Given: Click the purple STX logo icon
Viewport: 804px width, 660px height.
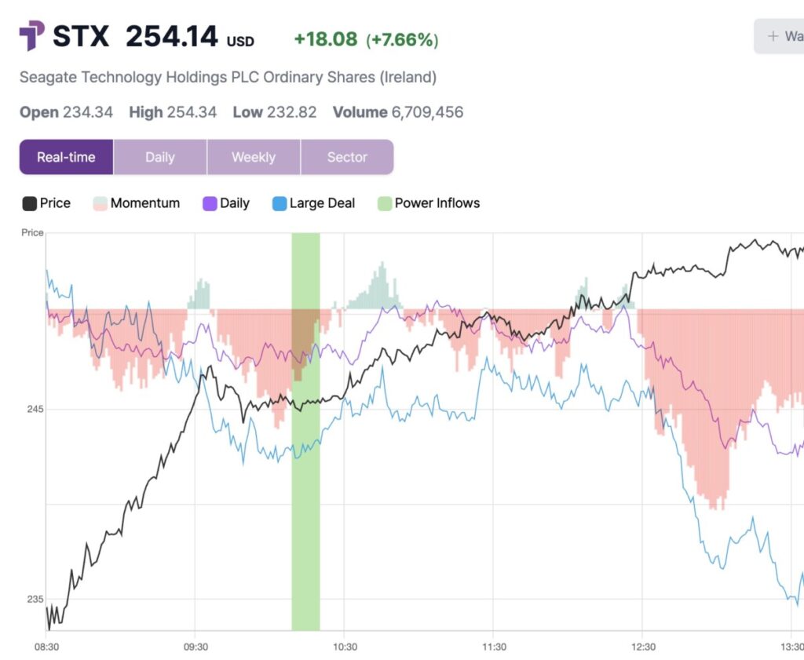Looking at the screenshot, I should click(31, 36).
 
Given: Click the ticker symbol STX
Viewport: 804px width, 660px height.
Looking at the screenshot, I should click(81, 36).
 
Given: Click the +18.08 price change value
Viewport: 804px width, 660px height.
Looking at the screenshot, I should click(325, 39).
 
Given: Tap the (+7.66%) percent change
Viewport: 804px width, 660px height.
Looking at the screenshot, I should click(402, 39).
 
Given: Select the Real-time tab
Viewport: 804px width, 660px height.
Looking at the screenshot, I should click(66, 157).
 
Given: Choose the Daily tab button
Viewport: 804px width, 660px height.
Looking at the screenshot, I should click(160, 157).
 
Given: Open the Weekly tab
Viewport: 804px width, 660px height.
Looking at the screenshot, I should click(254, 157).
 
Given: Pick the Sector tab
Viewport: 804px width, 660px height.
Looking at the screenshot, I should click(347, 157).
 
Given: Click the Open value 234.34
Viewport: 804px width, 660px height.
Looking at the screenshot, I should click(87, 112).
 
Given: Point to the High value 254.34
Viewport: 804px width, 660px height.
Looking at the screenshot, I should click(192, 112).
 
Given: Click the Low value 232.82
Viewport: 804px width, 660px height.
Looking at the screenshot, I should click(291, 112).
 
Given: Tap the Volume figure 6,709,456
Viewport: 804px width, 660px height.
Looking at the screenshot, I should click(427, 112).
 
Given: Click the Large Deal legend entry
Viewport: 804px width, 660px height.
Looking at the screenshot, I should click(322, 203).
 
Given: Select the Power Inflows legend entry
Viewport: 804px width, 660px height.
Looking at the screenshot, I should click(437, 203).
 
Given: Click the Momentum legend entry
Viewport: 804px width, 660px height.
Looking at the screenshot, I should click(144, 203).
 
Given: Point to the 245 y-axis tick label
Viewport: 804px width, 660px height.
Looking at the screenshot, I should click(32, 409).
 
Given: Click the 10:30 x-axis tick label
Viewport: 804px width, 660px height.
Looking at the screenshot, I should click(345, 647).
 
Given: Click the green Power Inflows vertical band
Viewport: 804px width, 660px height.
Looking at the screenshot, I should click(305, 510).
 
